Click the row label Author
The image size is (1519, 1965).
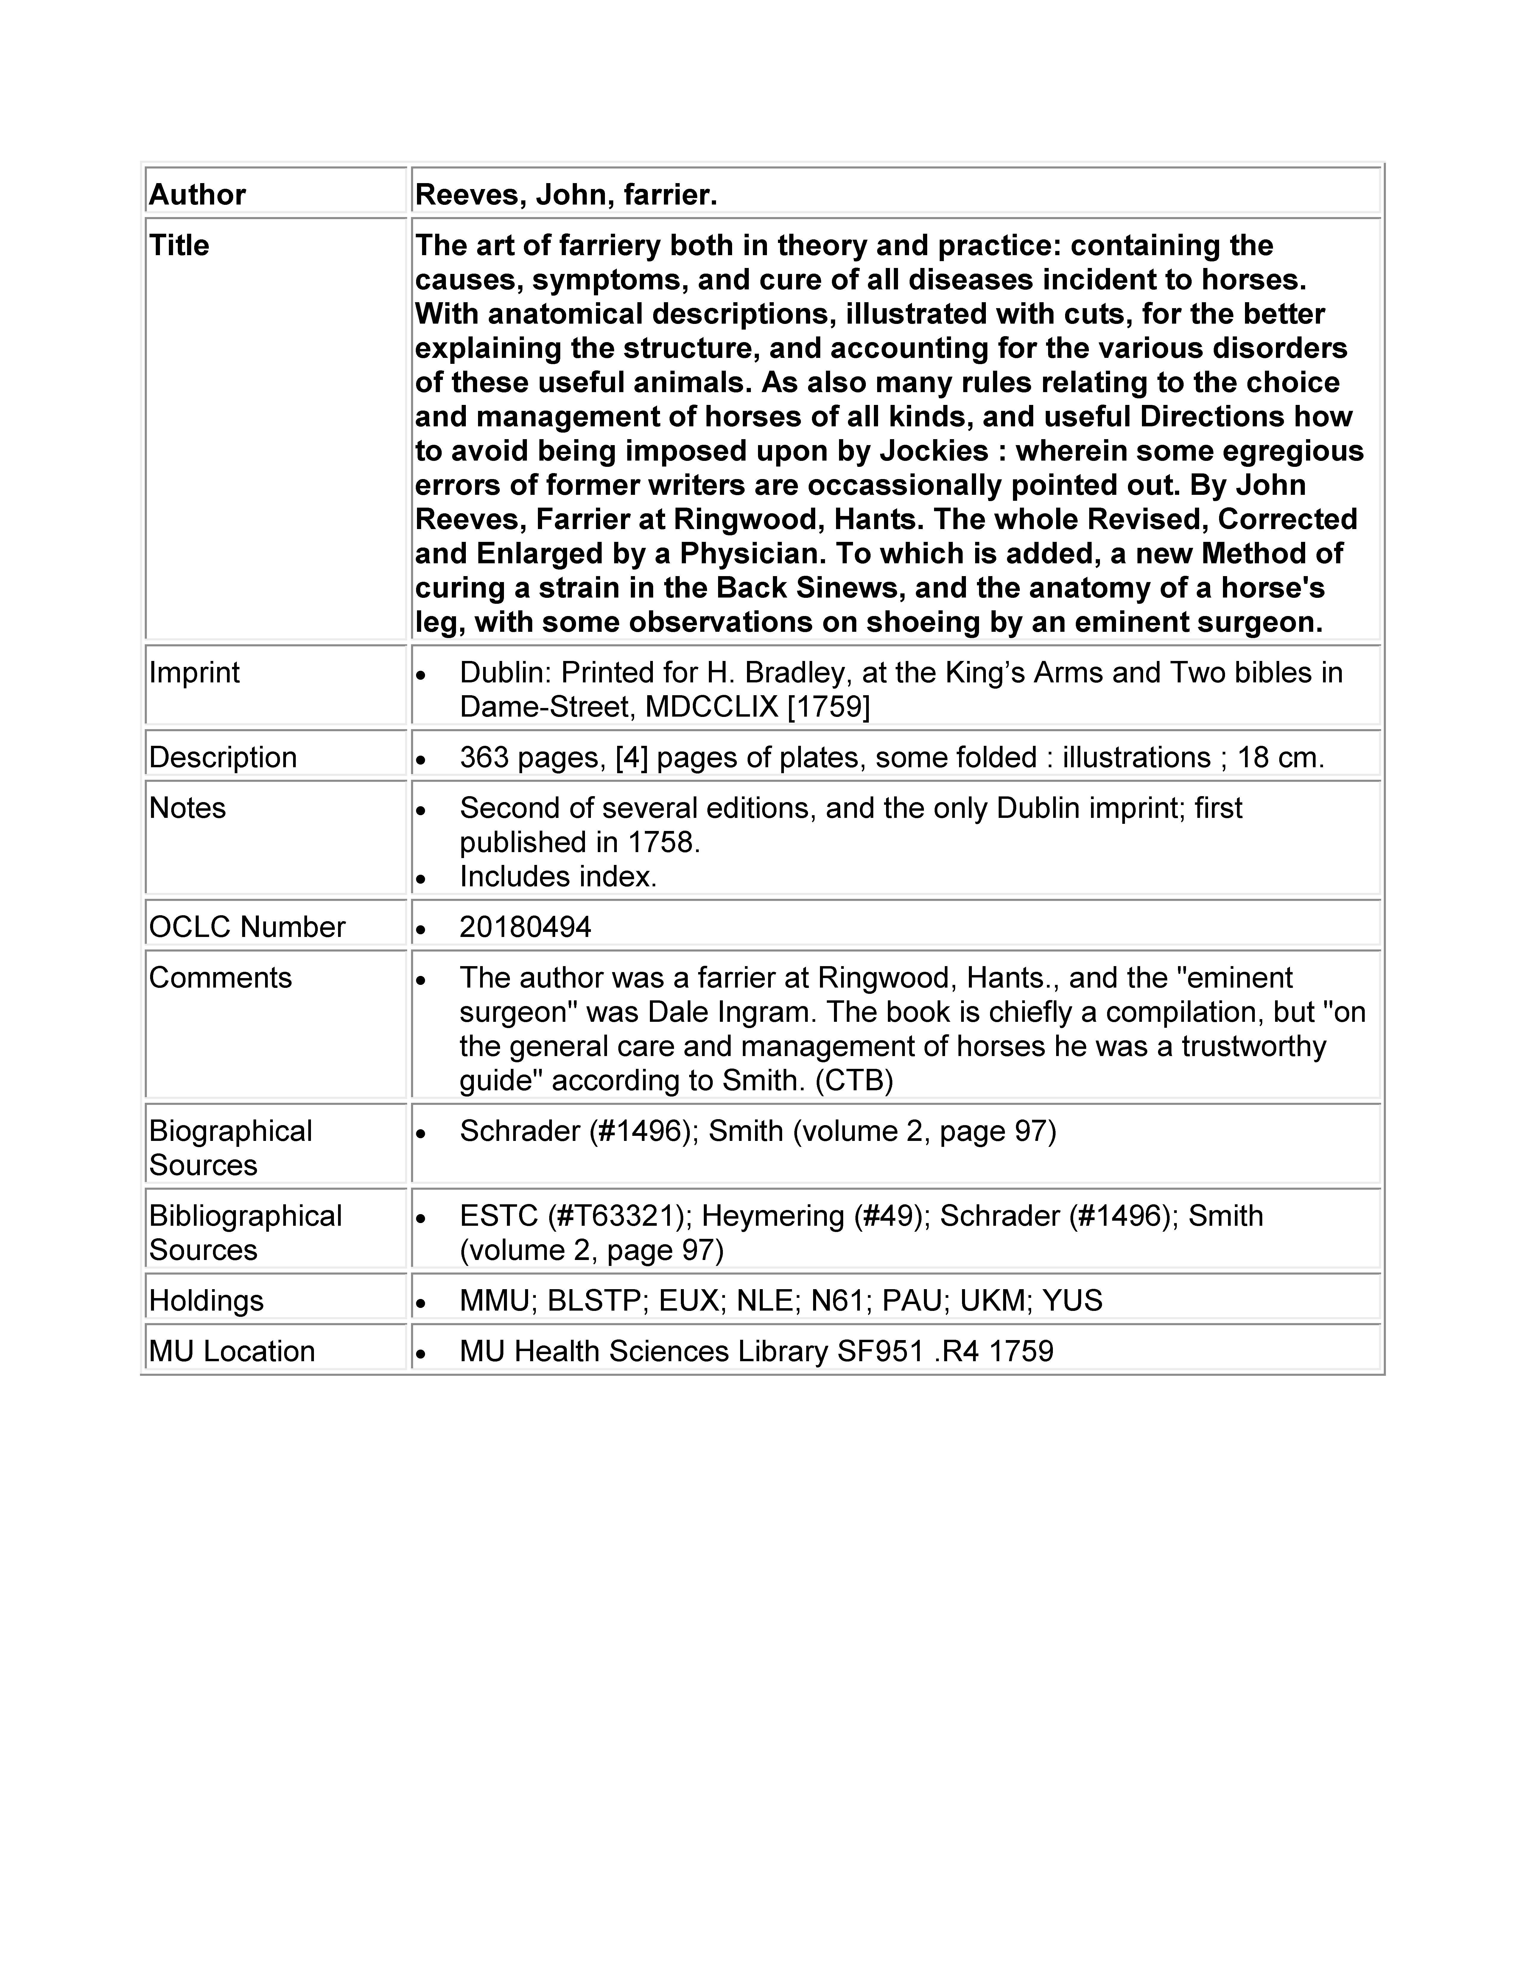click(x=197, y=194)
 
